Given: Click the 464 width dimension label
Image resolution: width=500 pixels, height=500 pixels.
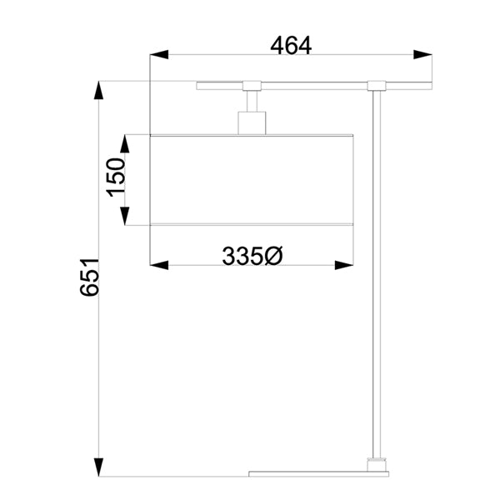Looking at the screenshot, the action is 291,46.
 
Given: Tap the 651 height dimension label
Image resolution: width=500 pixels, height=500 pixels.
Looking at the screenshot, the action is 90,277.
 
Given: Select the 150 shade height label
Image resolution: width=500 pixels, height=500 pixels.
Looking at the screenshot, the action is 116,177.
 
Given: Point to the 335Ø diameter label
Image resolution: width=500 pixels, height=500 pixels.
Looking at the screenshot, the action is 252,256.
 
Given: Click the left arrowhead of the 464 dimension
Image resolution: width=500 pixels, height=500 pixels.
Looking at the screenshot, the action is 159,54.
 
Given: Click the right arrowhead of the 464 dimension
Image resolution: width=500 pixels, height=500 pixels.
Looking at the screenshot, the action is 422,54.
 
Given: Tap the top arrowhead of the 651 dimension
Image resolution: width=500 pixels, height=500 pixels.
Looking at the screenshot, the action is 99,90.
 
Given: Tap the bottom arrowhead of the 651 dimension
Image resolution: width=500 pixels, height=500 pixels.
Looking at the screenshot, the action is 99,467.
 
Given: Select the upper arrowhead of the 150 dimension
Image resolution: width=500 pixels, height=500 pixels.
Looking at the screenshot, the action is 125,143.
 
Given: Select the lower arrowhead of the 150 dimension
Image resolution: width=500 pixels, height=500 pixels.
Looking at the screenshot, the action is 125,216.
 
